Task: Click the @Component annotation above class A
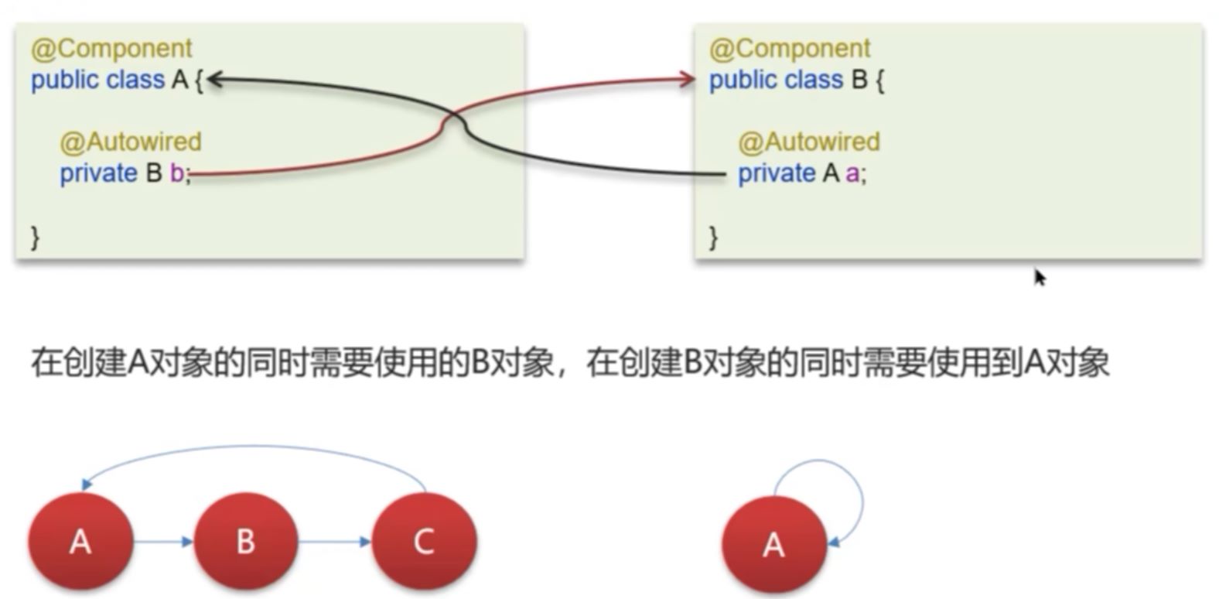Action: point(111,48)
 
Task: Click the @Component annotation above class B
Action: point(790,48)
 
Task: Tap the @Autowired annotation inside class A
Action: point(131,142)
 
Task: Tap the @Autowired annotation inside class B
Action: point(809,142)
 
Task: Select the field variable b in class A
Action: point(177,173)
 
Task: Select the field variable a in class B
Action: point(852,173)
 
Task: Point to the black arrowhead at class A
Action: point(213,79)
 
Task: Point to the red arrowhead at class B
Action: point(688,79)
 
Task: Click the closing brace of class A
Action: point(35,236)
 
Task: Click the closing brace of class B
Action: point(713,236)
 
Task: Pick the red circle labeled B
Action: point(246,541)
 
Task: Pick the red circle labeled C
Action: point(424,541)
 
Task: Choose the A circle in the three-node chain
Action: point(80,541)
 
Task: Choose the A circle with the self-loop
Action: point(773,544)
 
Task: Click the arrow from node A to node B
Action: point(163,542)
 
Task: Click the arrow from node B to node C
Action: point(335,542)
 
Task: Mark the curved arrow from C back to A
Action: point(255,447)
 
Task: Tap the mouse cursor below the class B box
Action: point(1040,277)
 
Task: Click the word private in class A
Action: point(98,173)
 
